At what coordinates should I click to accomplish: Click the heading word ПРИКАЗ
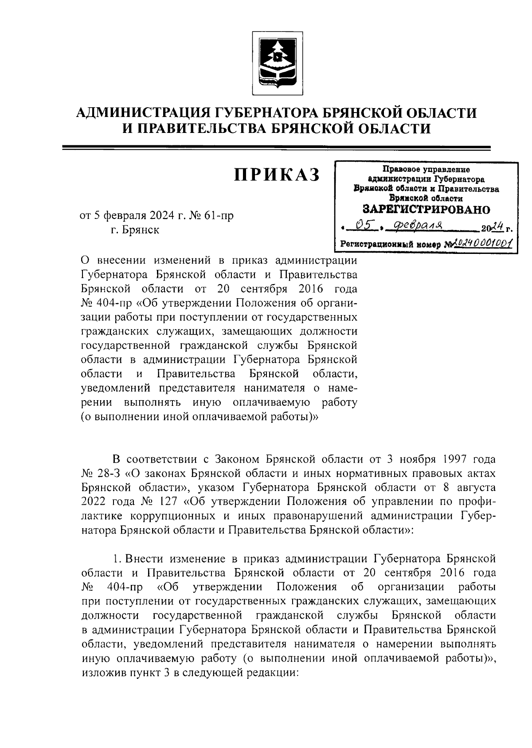tap(277, 175)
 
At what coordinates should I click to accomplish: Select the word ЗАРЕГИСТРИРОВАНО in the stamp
tap(426, 209)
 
